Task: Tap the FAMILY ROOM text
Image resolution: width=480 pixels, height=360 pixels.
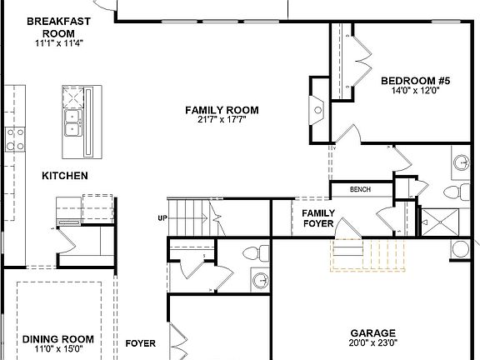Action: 222,110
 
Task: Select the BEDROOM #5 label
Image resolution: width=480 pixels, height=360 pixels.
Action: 415,81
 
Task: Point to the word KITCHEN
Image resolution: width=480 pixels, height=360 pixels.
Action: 65,176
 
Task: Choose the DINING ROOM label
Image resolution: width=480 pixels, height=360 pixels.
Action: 57,339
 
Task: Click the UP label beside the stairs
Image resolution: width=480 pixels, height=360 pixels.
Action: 162,218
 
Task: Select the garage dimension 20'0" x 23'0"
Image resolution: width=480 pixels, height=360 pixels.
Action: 372,342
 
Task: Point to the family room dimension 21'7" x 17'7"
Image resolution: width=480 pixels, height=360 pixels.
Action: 222,120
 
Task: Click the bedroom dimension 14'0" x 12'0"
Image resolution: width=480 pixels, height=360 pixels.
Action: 415,91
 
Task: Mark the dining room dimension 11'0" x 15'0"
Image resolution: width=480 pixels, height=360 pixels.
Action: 57,349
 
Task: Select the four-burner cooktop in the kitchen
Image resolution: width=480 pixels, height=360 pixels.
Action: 14,137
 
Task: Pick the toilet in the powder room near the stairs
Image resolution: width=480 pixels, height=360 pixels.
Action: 252,252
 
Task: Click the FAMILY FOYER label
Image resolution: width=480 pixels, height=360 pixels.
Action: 317,218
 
